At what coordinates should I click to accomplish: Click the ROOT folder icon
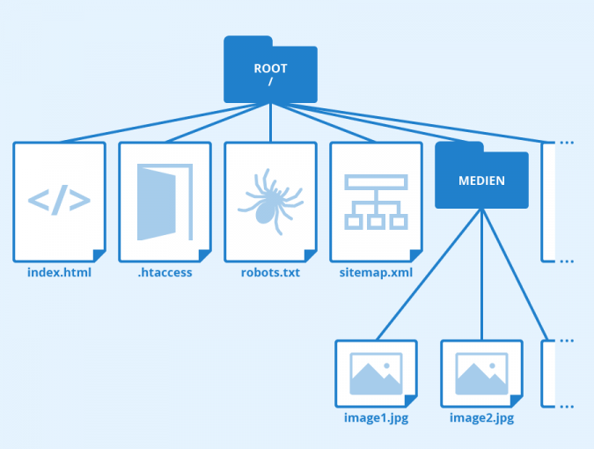tap(271, 70)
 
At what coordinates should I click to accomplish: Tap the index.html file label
tap(59, 273)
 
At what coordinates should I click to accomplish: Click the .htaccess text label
tap(165, 273)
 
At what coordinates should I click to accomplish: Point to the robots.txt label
tap(270, 273)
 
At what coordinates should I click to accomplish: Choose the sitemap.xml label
tap(376, 273)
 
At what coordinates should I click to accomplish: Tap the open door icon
tap(165, 202)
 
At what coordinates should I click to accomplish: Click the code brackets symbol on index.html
tap(59, 202)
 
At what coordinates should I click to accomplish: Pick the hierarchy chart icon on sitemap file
tap(376, 202)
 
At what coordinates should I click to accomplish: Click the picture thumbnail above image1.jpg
tap(376, 373)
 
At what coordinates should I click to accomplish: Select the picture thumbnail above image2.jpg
tap(481, 373)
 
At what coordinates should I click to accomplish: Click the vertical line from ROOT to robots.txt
tap(271, 123)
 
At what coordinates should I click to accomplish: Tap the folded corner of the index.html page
tap(99, 255)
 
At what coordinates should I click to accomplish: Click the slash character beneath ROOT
tap(270, 82)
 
